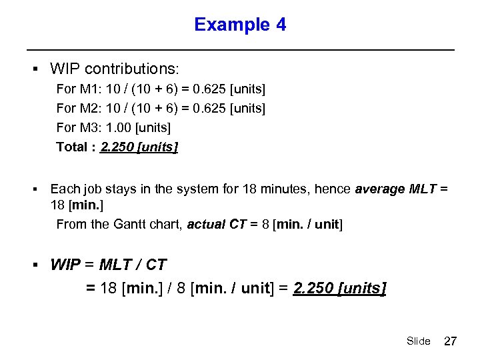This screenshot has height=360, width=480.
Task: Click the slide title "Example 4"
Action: tap(240, 25)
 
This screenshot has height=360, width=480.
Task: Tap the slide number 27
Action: tap(451, 341)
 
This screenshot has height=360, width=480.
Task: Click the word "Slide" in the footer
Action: tap(418, 341)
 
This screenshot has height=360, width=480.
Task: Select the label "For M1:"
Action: tap(77, 89)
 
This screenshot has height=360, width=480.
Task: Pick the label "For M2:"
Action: tap(77, 108)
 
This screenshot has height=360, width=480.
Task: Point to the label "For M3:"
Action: tap(77, 127)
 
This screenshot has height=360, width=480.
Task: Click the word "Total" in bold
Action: tap(72, 147)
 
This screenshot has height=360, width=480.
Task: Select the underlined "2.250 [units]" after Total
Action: tap(139, 147)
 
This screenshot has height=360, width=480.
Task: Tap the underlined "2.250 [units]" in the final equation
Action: tap(339, 289)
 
